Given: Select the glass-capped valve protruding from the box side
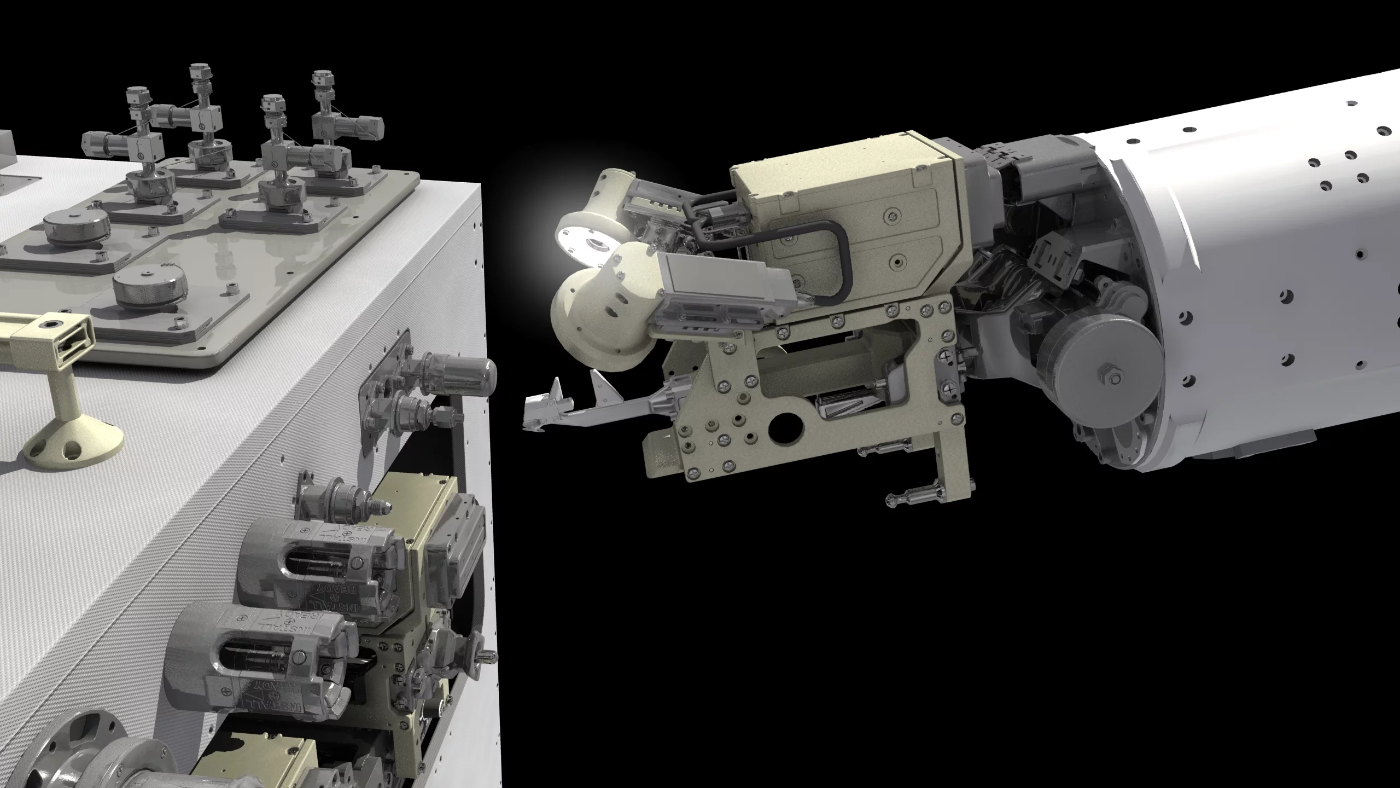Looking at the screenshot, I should tap(465, 372).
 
